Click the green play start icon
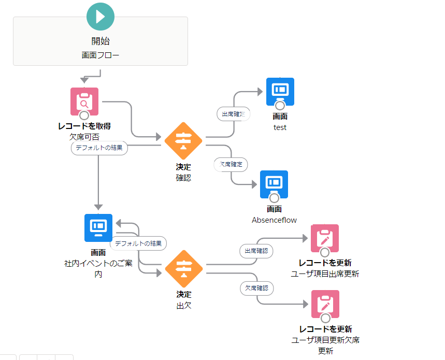pos(100,16)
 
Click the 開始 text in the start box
pos(100,41)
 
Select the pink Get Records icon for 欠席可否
pos(84,102)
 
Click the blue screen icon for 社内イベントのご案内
pos(98,227)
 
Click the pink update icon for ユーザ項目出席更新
pos(325,238)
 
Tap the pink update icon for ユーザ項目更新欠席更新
pos(325,304)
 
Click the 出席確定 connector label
pos(233,114)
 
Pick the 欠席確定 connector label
pos(231,165)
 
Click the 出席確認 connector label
pos(256,251)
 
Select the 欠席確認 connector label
pos(256,288)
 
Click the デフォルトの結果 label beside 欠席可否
pos(99,148)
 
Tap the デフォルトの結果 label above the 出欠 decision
pos(138,243)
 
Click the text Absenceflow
pos(274,220)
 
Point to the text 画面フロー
pos(100,54)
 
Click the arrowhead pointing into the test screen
pos(260,92)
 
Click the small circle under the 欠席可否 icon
pos(84,115)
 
